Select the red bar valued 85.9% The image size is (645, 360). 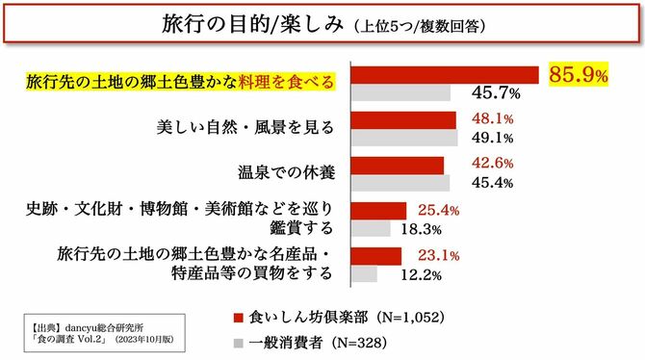point(446,75)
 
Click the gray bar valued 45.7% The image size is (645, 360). point(401,93)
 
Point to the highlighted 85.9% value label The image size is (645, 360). point(579,73)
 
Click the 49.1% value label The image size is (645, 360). point(492,138)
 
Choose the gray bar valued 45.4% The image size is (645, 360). point(401,183)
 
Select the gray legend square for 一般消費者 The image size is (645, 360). point(239,343)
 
